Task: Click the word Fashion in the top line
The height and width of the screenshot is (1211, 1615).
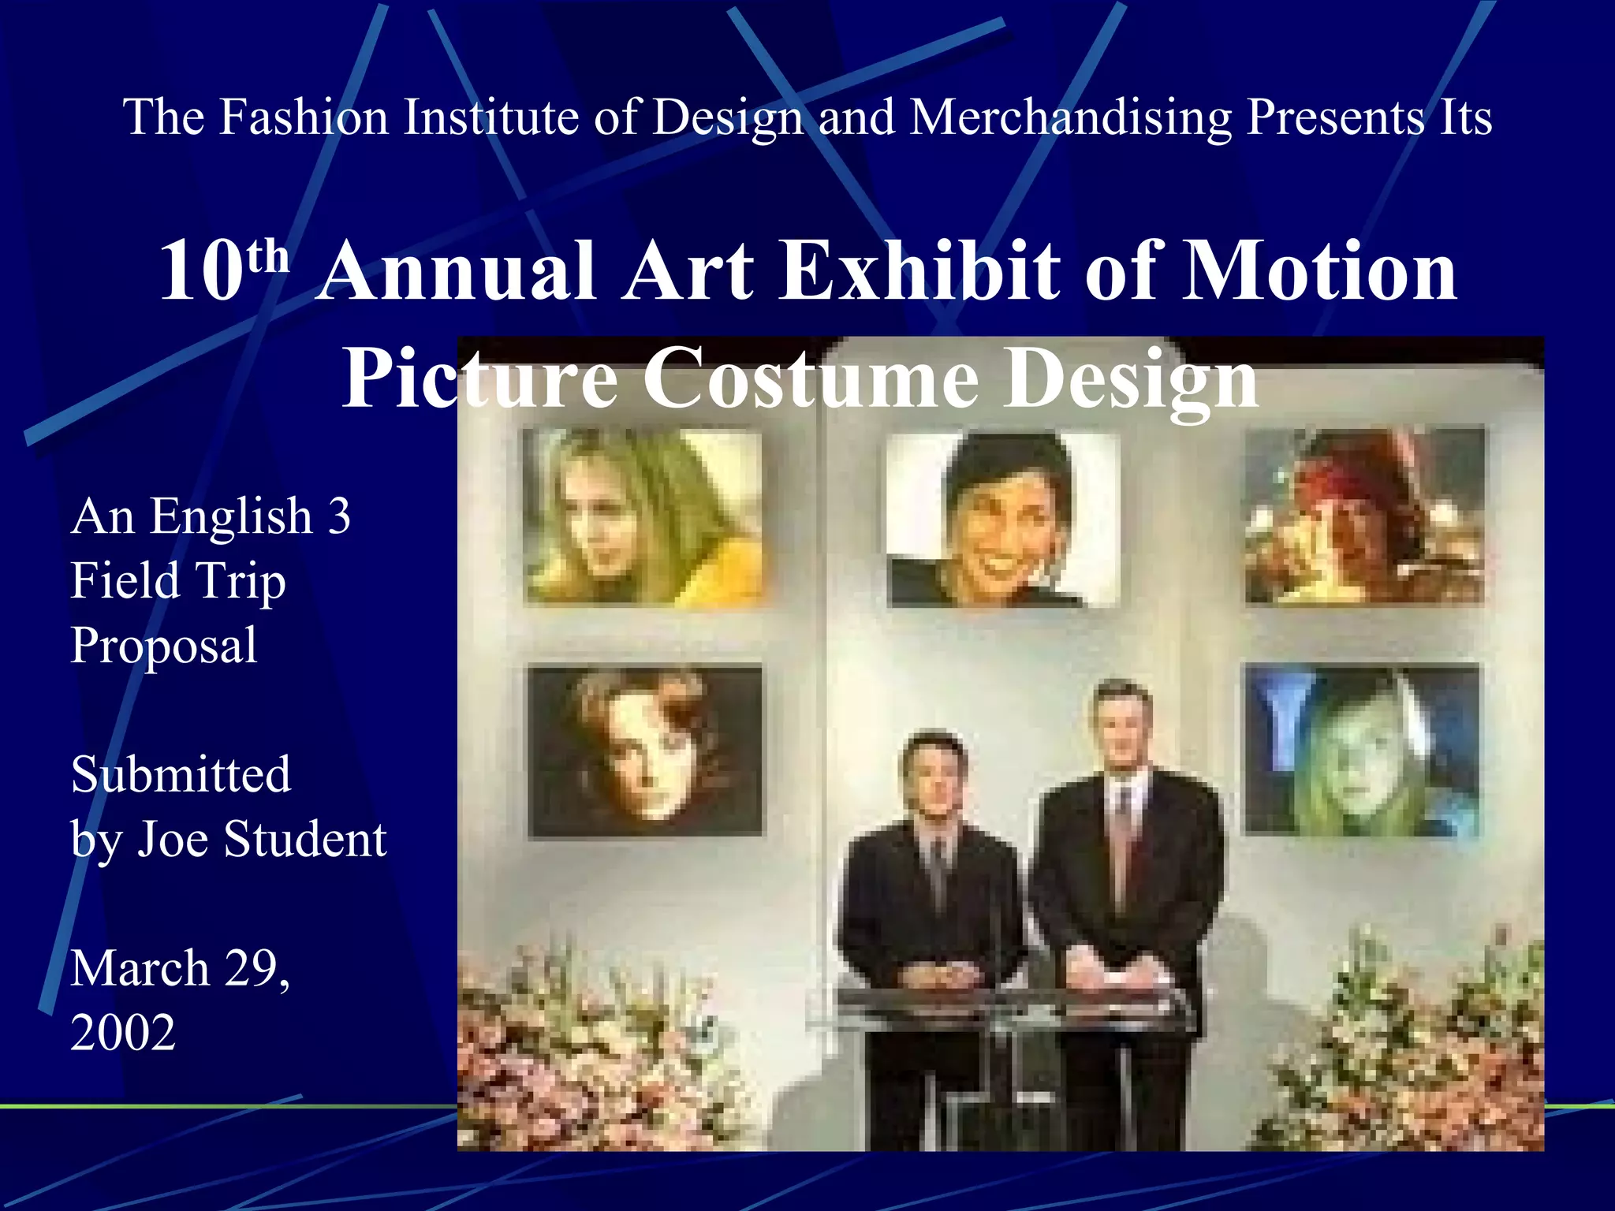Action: tap(303, 117)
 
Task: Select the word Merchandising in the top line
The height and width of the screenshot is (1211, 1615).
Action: tap(1070, 117)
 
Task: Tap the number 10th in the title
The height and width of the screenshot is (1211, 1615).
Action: tap(223, 270)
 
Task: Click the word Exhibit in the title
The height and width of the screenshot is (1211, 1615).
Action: tap(919, 270)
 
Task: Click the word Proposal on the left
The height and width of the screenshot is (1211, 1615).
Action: tap(164, 645)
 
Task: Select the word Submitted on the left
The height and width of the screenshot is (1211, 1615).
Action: tap(181, 774)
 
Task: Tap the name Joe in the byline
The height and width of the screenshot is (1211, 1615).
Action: tap(174, 838)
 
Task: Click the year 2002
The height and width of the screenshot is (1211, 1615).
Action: tap(123, 1032)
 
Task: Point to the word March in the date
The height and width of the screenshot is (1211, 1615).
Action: tap(140, 967)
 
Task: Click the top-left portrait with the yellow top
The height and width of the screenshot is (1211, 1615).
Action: tap(643, 516)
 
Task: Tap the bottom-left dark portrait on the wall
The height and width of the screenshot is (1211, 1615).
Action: tap(645, 751)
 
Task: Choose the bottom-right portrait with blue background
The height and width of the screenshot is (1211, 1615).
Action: tap(1363, 749)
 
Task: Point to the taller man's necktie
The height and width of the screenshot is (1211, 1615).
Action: tap(1120, 836)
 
